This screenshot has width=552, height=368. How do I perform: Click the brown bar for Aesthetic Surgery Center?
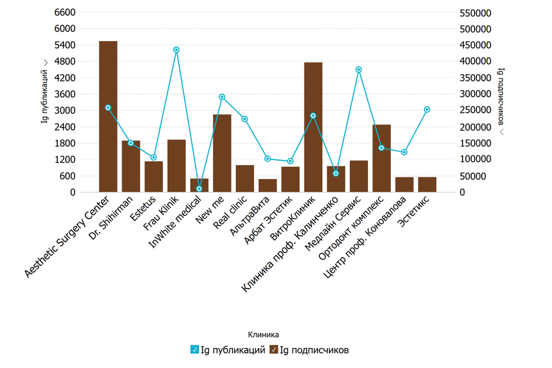click(108, 117)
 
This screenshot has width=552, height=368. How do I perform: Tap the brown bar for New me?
click(222, 153)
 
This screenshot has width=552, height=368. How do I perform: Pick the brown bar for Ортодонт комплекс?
click(381, 158)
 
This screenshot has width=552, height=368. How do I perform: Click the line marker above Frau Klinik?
click(176, 50)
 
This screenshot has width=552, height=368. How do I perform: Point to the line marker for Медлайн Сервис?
click(359, 70)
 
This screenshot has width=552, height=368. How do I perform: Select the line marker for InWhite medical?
click(199, 189)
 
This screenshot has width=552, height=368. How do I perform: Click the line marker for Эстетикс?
click(427, 110)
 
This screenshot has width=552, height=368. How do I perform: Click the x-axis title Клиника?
click(263, 335)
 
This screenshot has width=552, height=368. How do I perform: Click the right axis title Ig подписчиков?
click(501, 100)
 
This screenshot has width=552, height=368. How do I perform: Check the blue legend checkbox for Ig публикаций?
click(195, 350)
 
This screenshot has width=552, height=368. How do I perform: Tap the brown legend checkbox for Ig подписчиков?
click(274, 350)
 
